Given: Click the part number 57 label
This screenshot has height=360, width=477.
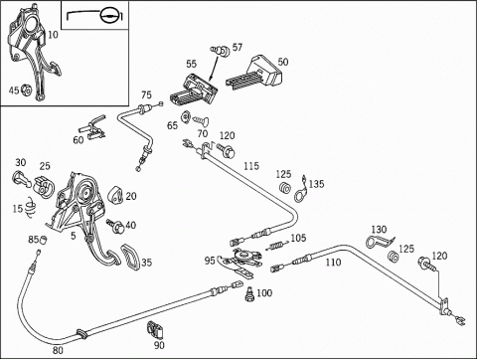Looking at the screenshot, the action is pos(238,48).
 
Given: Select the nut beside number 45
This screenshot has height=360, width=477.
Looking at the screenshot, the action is pos(26,90).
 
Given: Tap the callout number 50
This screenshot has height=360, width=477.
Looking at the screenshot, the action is pos(283,62).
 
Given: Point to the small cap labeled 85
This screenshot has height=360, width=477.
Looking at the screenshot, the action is pos(43,240).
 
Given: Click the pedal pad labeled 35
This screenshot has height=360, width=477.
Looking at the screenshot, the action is pos(130,258).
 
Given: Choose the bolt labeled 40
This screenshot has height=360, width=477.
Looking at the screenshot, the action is pos(115,226).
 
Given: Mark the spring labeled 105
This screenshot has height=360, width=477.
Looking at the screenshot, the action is pos(276,246).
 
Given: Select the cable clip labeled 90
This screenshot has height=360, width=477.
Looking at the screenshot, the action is pos(154,329).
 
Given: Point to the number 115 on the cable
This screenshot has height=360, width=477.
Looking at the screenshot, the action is pos(251,166).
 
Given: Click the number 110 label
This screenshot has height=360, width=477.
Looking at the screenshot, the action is pos(333,263).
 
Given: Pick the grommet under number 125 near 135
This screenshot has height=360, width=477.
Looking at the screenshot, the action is pos(284,188).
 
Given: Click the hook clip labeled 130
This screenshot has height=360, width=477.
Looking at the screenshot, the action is pos(380,242).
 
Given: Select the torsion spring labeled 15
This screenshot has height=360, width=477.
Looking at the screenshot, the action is pos(31,208).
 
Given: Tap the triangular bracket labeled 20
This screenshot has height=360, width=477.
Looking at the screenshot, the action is pos(115,196).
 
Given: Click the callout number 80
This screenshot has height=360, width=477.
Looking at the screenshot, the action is pos(58,350).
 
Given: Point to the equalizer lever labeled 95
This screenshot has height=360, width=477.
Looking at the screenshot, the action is pos(239,261).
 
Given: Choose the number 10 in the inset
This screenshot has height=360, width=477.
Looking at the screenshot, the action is pos(53,35).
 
